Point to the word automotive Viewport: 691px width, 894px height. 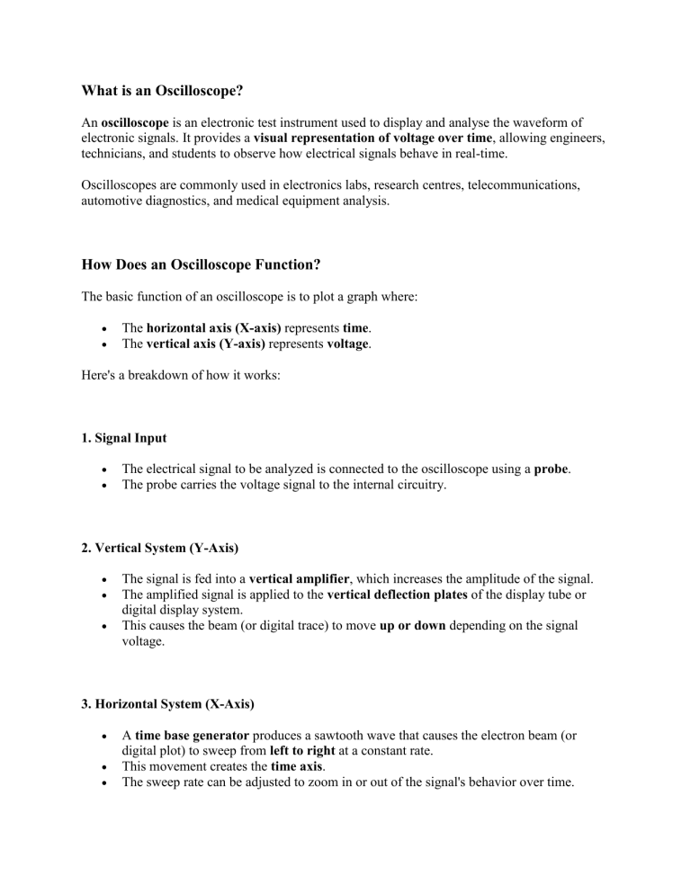click(x=111, y=201)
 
